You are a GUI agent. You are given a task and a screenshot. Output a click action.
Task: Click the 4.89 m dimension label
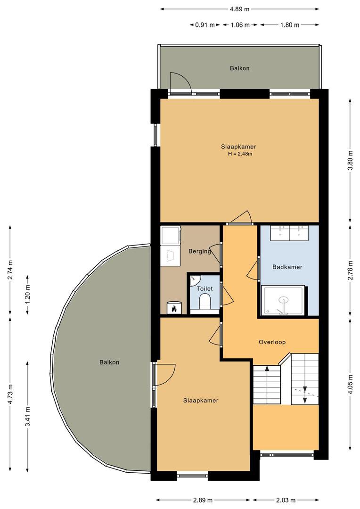(x=239, y=9)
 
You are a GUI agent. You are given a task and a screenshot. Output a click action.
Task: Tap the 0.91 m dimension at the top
(x=205, y=25)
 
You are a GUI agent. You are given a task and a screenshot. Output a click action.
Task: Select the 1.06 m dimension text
(x=240, y=25)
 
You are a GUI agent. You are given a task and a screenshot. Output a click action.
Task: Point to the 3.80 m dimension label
(x=350, y=160)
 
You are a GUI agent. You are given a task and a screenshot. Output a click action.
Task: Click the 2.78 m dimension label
(x=350, y=270)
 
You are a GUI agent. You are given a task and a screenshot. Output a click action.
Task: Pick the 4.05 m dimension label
(x=350, y=384)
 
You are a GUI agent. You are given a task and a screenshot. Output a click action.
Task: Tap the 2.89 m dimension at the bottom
(x=203, y=500)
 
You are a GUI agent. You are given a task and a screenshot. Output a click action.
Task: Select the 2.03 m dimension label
(x=286, y=500)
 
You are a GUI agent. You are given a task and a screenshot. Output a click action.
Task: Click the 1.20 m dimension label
(x=28, y=295)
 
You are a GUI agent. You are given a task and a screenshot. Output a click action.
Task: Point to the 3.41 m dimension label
(x=28, y=417)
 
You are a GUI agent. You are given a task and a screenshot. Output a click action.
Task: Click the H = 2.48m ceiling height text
(x=240, y=154)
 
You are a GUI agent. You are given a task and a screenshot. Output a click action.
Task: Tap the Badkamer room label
(x=287, y=267)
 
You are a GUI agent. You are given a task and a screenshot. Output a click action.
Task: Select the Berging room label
(x=200, y=251)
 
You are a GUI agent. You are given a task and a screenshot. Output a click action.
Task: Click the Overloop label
(x=272, y=342)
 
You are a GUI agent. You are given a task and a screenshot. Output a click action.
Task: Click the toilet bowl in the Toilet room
(x=205, y=302)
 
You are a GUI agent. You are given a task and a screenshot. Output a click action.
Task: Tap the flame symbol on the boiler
(x=174, y=308)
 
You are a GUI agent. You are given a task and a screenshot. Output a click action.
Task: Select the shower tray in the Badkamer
(x=283, y=300)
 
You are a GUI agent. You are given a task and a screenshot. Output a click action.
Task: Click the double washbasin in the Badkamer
(x=290, y=233)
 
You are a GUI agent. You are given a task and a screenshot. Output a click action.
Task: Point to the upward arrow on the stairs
(x=267, y=369)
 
